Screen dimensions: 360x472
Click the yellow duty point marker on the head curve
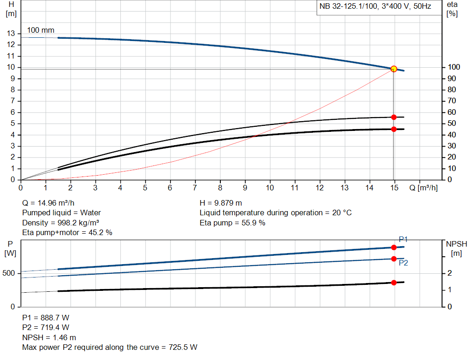[x=394, y=69]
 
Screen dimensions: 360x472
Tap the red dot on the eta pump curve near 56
[x=394, y=117]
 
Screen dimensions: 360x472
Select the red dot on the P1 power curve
[x=394, y=248]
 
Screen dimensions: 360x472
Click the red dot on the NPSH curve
[x=394, y=283]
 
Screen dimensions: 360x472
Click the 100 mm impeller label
[x=41, y=30]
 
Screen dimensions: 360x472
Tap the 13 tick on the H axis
[x=11, y=34]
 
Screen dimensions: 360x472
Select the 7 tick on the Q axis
[x=195, y=188]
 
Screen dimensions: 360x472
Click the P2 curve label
[x=403, y=263]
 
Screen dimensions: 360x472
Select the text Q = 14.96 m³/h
[x=48, y=203]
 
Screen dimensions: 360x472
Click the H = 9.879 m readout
[x=221, y=203]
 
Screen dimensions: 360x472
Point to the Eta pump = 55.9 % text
[x=232, y=223]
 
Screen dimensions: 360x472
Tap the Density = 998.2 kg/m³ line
[x=60, y=223]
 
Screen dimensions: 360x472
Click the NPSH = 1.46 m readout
[x=49, y=337]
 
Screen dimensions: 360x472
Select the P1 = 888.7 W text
[x=46, y=318]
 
